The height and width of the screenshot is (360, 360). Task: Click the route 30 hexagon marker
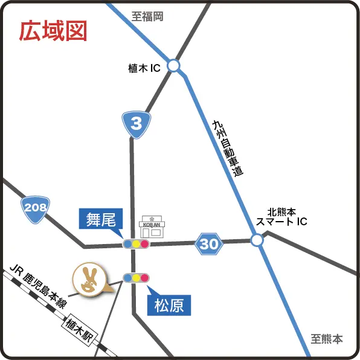click(209, 244)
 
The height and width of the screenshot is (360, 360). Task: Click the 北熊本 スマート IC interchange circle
click(257, 240)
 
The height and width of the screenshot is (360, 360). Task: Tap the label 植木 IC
click(144, 69)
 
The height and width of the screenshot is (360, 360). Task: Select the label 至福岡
click(148, 17)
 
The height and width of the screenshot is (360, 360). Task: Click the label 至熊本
click(327, 339)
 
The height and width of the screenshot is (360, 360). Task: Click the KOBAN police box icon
click(152, 227)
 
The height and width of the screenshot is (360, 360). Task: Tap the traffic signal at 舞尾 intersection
click(136, 244)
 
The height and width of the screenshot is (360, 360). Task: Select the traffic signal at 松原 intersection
click(136, 278)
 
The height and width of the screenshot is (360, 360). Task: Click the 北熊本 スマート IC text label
click(281, 217)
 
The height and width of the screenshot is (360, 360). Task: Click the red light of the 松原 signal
click(145, 278)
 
